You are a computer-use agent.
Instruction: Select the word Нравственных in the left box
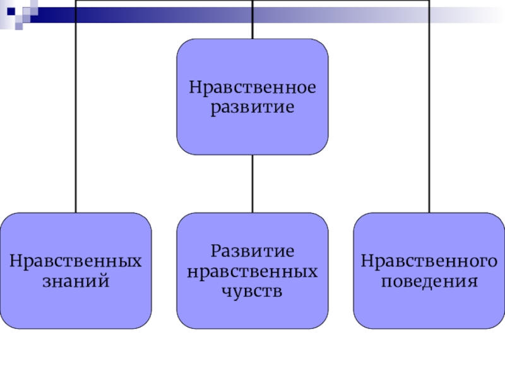pyautogui.click(x=76, y=260)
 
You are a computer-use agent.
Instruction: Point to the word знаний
pyautogui.click(x=76, y=280)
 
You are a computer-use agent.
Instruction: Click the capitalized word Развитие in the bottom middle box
pyautogui.click(x=252, y=251)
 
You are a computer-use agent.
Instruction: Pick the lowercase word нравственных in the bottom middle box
pyautogui.click(x=252, y=271)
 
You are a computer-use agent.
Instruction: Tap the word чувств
pyautogui.click(x=252, y=290)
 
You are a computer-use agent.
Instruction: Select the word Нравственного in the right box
pyautogui.click(x=429, y=260)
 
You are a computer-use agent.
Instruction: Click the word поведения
pyautogui.click(x=429, y=280)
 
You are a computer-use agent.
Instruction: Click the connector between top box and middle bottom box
pyautogui.click(x=252, y=183)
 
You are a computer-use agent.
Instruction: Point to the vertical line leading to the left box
pyautogui.click(x=76, y=113)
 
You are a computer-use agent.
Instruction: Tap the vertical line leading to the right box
pyautogui.click(x=429, y=113)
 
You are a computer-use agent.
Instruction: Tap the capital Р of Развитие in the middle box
pyautogui.click(x=215, y=251)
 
